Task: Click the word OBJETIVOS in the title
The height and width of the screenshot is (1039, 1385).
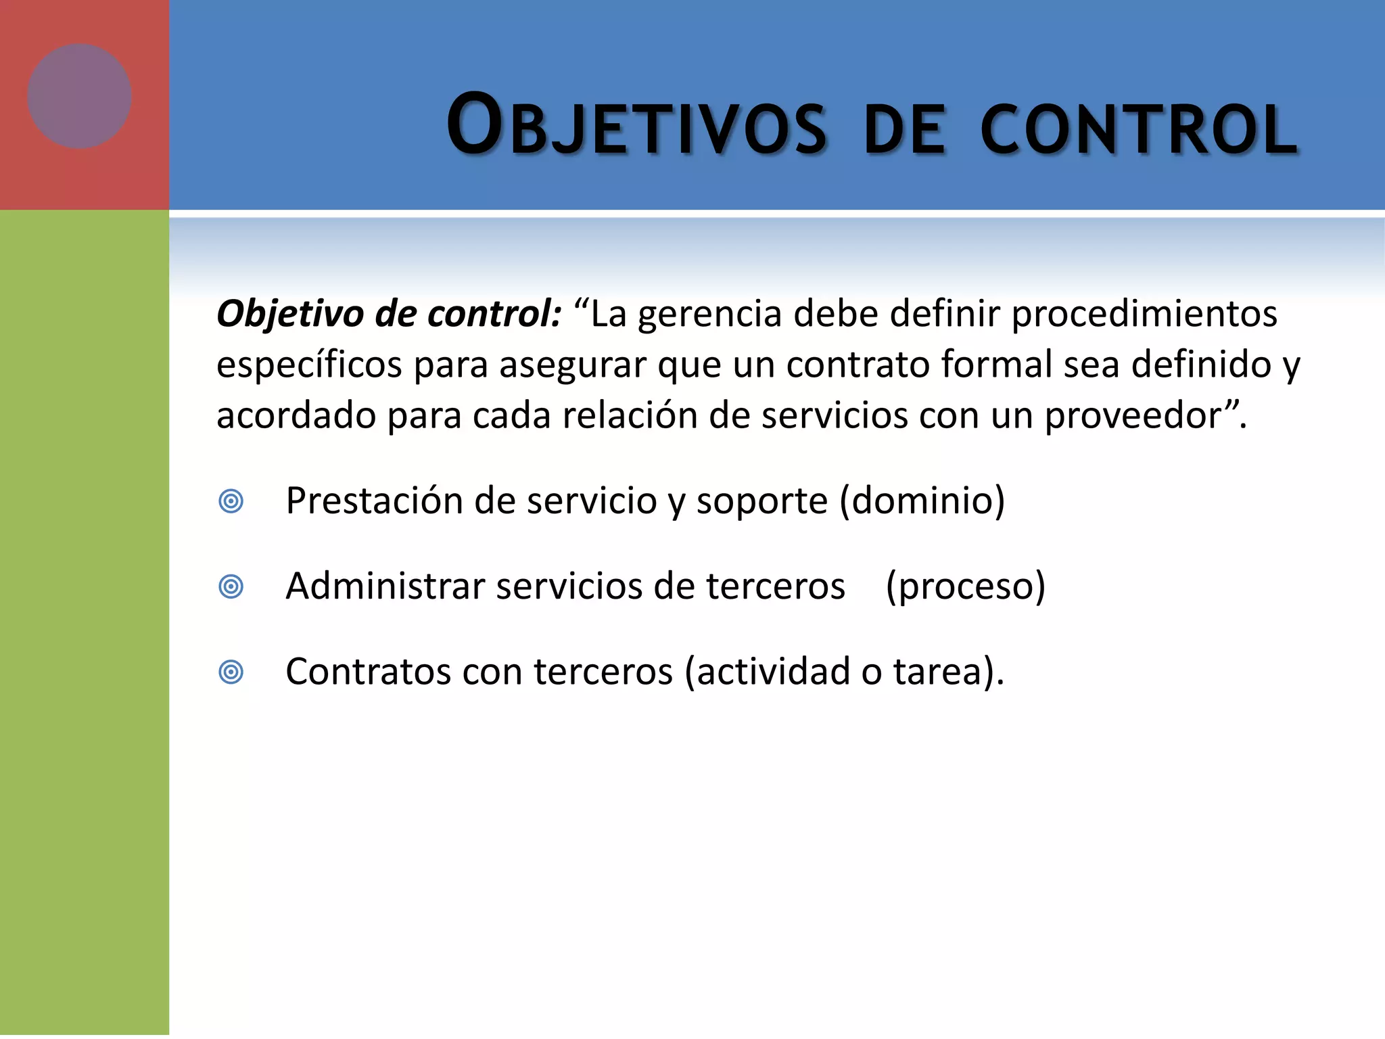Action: click(x=636, y=126)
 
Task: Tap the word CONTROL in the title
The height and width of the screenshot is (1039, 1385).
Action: click(x=1139, y=129)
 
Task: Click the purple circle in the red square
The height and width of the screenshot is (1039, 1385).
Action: click(x=79, y=96)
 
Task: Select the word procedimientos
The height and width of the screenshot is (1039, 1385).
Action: click(x=1144, y=315)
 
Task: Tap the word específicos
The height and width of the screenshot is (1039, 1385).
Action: click(x=309, y=365)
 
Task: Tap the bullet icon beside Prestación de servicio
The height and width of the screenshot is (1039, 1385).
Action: click(x=231, y=501)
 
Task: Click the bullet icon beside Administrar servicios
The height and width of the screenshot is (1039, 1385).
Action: click(x=231, y=586)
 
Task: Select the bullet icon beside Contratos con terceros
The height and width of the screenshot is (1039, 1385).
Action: click(x=231, y=672)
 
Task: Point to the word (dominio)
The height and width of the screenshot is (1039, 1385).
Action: click(x=922, y=501)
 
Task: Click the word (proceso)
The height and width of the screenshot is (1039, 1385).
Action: click(x=965, y=586)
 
